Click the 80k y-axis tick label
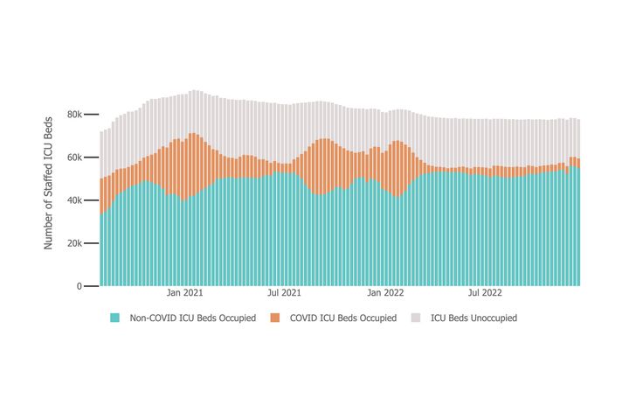click(74, 115)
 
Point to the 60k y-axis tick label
click(74, 157)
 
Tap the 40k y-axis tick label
click(74, 200)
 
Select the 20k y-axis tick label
click(74, 243)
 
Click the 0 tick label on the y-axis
click(79, 286)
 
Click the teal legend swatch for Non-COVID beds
click(114, 318)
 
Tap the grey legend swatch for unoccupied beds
click(416, 318)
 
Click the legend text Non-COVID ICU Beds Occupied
click(192, 318)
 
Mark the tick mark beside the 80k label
click(91, 115)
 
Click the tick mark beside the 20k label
click(91, 243)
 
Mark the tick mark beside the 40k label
click(91, 200)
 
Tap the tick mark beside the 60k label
click(91, 157)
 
